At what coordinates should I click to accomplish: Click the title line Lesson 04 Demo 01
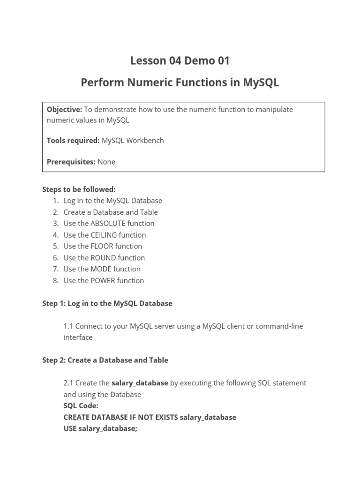pyautogui.click(x=180, y=60)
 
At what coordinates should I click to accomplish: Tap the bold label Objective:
pyautogui.click(x=64, y=109)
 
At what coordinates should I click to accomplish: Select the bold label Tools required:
pyautogui.click(x=73, y=140)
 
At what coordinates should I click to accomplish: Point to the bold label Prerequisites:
pyautogui.click(x=71, y=162)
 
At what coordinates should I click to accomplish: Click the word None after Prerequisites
pyautogui.click(x=106, y=162)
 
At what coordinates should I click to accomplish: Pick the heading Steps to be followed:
pyautogui.click(x=79, y=189)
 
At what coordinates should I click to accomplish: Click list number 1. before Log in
pyautogui.click(x=55, y=201)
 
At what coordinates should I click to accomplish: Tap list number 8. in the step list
pyautogui.click(x=55, y=281)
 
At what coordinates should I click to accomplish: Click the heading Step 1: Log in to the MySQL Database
pyautogui.click(x=107, y=303)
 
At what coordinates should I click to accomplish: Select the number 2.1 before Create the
pyautogui.click(x=68, y=383)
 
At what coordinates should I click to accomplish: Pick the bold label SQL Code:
pyautogui.click(x=81, y=406)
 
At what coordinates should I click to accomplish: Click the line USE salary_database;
pyautogui.click(x=100, y=428)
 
